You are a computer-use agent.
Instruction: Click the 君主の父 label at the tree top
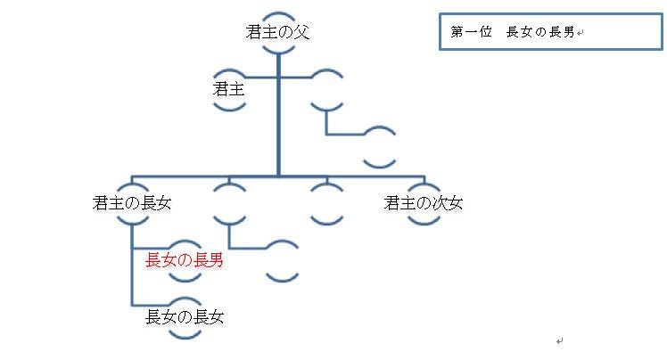click(278, 33)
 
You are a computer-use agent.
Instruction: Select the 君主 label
click(229, 89)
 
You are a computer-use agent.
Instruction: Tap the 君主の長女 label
click(132, 203)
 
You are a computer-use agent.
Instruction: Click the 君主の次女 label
click(424, 203)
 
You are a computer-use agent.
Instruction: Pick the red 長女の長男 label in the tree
click(184, 260)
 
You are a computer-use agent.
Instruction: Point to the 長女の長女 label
click(184, 315)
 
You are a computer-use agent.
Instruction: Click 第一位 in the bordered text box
click(469, 33)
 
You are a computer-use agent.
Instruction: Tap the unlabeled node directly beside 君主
click(327, 89)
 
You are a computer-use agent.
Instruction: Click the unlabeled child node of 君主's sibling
click(380, 146)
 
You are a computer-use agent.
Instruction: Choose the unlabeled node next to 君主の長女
click(229, 203)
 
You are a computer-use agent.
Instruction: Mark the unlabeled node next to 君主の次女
click(327, 203)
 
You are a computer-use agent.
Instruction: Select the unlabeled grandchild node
click(282, 260)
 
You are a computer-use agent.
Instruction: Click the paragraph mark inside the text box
click(580, 34)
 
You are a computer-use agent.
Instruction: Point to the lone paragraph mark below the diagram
click(559, 340)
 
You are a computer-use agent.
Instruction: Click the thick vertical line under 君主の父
click(278, 116)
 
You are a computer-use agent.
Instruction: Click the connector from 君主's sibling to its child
click(346, 135)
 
